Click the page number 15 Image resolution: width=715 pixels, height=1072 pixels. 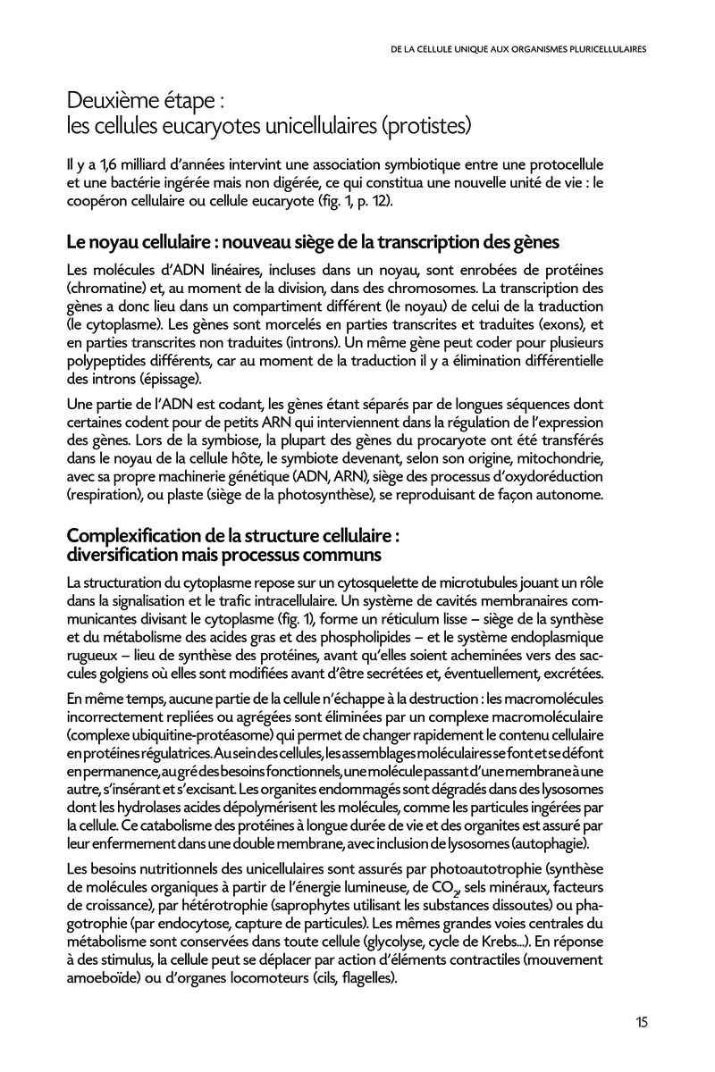click(x=642, y=1023)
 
